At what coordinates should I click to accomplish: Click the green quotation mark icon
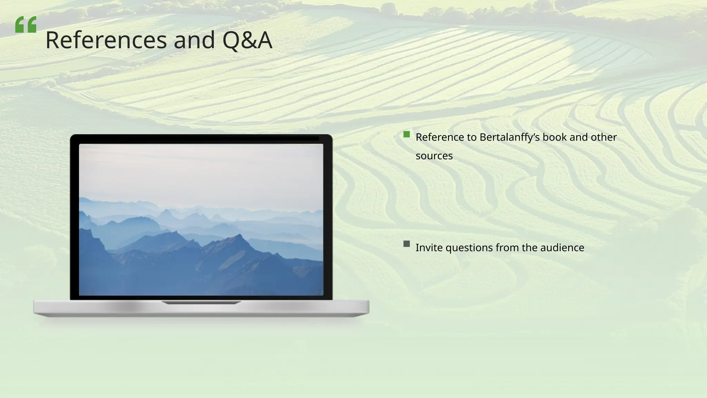pos(26,25)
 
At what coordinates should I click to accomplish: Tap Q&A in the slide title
pos(247,40)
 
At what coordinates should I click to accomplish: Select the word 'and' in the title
pos(194,40)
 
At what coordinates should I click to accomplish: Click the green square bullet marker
pos(407,134)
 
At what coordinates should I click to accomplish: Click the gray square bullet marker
pos(407,244)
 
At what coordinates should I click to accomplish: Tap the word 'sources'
pos(434,156)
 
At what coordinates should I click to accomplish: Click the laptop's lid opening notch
pos(201,303)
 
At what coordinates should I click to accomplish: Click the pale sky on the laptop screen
pos(200,169)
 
